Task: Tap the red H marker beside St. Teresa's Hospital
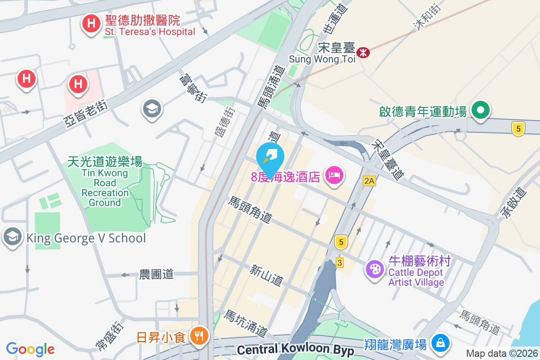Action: (x=91, y=23)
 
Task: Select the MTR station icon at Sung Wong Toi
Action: (x=363, y=53)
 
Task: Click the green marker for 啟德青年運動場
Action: (x=481, y=110)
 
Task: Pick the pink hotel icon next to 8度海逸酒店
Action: (x=333, y=174)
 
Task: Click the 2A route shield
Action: (x=369, y=181)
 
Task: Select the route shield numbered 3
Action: (x=340, y=262)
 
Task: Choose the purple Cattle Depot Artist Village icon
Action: (x=374, y=269)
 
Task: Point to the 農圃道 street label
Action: (x=156, y=274)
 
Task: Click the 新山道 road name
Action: (x=267, y=275)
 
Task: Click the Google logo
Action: (x=30, y=349)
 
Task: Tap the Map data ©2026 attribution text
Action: (x=501, y=353)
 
